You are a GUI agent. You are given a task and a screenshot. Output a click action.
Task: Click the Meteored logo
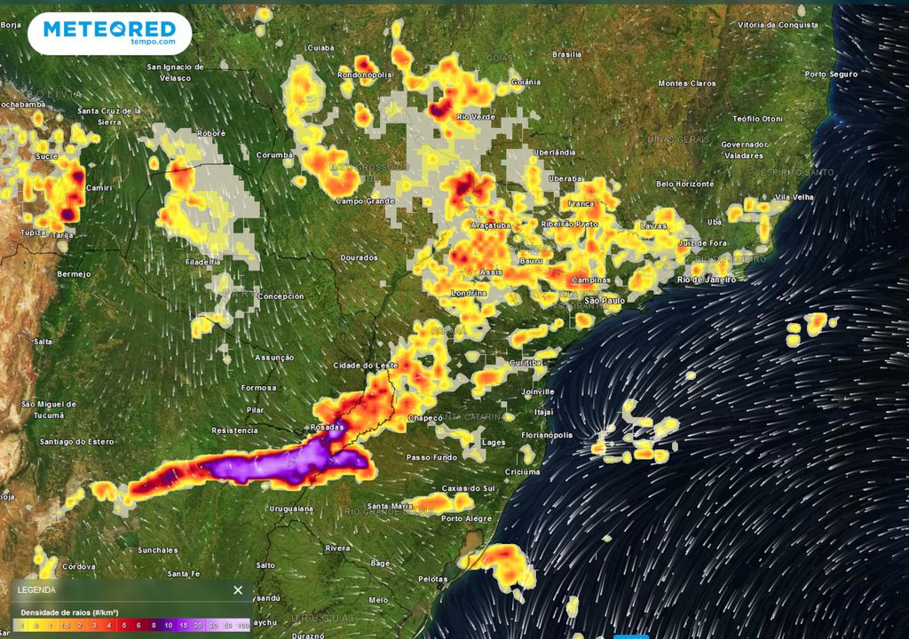(109, 33)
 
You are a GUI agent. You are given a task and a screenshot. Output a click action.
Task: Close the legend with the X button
(238, 590)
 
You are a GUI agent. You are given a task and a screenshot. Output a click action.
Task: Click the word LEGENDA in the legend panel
(36, 590)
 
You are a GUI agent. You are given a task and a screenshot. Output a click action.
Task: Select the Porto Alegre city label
(467, 519)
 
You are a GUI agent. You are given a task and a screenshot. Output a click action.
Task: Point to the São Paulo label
(603, 301)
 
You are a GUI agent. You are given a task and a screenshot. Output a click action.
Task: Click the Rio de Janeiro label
(707, 280)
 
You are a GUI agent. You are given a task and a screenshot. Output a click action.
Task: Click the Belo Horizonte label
(684, 184)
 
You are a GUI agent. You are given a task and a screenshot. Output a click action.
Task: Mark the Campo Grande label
(364, 201)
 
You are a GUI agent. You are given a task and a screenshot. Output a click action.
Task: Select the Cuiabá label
(320, 48)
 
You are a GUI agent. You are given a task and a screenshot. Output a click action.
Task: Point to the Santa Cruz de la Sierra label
(110, 115)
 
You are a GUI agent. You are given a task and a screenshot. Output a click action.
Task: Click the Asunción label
(274, 358)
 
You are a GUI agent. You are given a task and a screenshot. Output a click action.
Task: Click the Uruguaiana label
(292, 509)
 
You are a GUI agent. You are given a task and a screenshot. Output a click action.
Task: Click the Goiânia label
(526, 83)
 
